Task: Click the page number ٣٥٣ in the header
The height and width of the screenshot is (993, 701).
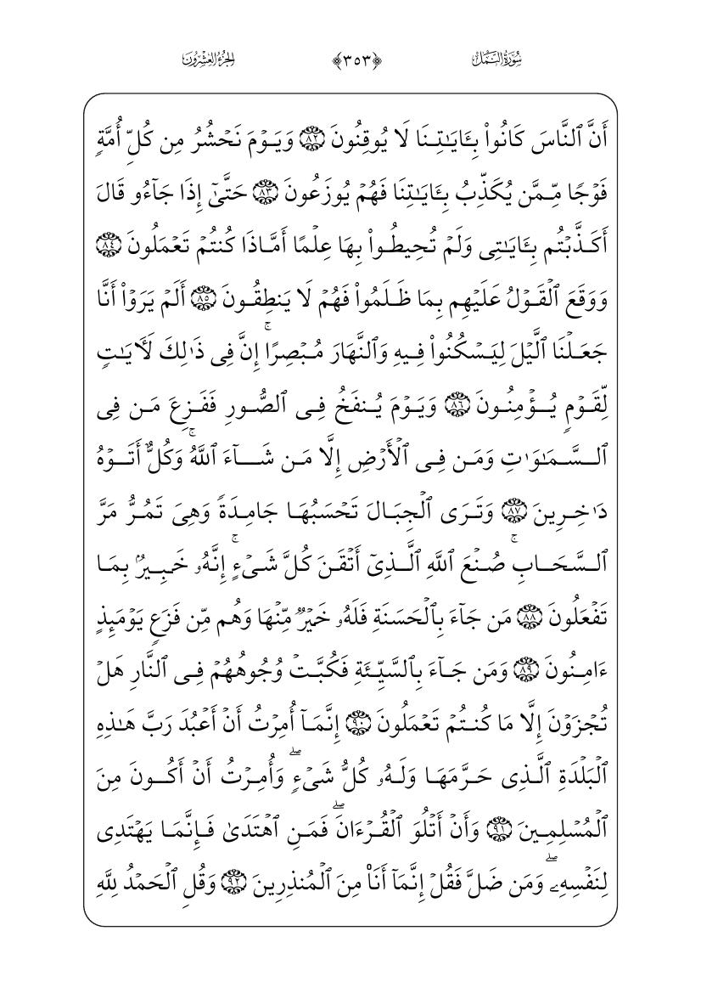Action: tap(350, 59)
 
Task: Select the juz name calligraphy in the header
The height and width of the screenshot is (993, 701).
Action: tap(208, 59)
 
